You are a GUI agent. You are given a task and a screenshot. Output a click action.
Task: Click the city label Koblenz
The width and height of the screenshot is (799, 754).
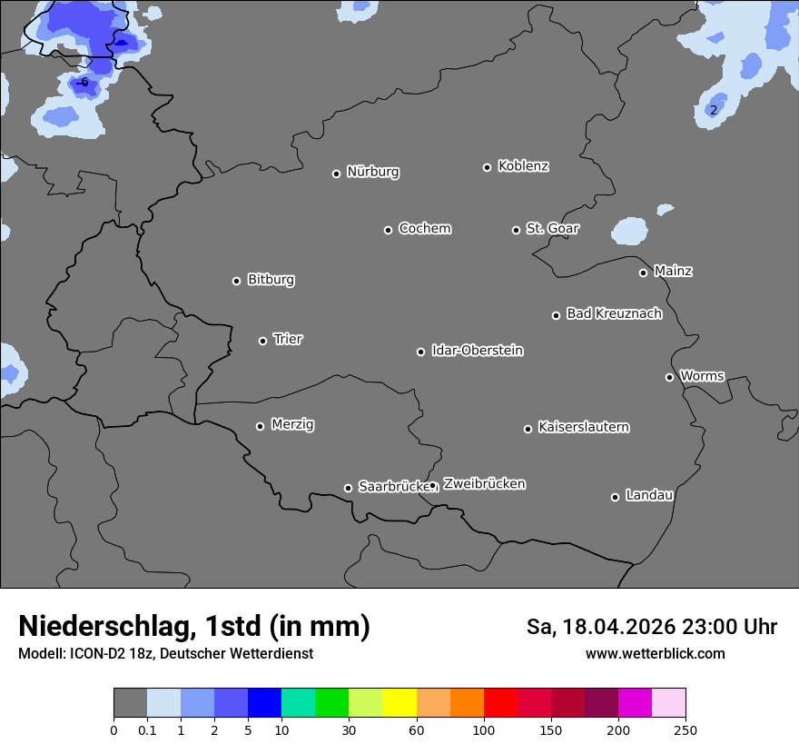tap(523, 166)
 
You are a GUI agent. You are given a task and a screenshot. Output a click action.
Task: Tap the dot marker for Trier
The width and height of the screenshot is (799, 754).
tap(263, 341)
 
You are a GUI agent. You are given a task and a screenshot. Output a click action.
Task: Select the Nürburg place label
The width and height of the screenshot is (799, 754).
tap(372, 172)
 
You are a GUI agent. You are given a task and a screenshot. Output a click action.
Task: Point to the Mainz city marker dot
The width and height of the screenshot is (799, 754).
tap(643, 273)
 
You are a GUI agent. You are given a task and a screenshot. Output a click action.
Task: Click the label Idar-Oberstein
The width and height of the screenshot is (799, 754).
tap(477, 351)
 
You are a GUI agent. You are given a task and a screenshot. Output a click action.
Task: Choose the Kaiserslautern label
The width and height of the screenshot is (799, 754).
tap(583, 427)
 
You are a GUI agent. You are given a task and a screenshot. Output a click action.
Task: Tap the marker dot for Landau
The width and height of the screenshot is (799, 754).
tap(615, 497)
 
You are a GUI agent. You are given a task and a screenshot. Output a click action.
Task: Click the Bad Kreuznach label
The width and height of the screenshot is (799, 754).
tap(614, 313)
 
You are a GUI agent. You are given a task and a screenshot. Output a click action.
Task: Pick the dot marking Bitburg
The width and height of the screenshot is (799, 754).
tap(237, 281)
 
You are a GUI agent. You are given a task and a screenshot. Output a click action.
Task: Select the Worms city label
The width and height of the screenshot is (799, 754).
tap(702, 375)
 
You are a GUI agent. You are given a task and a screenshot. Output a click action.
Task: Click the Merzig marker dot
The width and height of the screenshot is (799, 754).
tap(261, 426)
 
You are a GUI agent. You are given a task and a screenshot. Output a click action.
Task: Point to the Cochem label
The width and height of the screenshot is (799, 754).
tap(424, 228)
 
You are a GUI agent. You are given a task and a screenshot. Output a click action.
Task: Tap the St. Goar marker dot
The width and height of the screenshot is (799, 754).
tap(516, 230)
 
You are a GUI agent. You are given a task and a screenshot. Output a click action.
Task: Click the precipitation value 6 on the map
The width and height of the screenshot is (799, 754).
tap(84, 83)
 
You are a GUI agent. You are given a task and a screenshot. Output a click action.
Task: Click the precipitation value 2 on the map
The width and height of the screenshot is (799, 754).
tap(714, 111)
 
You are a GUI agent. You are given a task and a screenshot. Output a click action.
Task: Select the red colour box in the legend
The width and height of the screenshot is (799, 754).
tap(500, 703)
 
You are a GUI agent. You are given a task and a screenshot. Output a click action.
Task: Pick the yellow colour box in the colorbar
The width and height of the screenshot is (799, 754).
tap(399, 703)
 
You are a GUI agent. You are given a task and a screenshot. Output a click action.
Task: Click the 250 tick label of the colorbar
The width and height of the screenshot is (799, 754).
tap(685, 729)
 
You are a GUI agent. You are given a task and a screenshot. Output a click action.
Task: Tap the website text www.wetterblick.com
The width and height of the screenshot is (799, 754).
tap(655, 654)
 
